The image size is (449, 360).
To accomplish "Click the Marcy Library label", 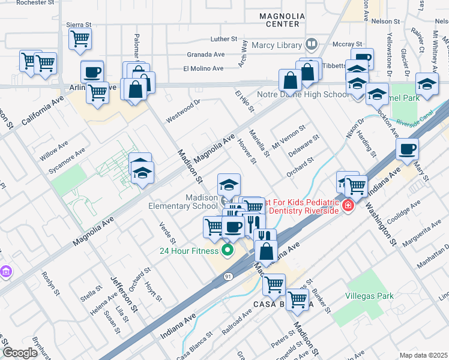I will coord(276,44).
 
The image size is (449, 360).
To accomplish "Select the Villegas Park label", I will coord(369,296).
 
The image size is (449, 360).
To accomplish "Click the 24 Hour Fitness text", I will coord(190,250).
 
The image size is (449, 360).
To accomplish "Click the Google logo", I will coord(20,353).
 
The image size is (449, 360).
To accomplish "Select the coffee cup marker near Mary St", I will coord(407,149).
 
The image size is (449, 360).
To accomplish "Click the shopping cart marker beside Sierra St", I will coord(80,39).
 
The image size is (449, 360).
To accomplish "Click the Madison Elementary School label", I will coord(181,202).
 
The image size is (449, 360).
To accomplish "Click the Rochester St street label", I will coord(35,3).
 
